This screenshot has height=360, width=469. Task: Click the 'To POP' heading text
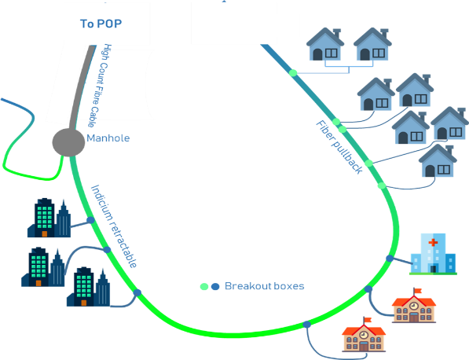pyautogui.click(x=101, y=24)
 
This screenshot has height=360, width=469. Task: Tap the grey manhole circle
pyautogui.click(x=68, y=142)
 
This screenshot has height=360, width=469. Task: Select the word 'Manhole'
pyautogui.click(x=108, y=138)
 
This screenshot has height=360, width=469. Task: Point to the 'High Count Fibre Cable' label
pyautogui.click(x=100, y=86)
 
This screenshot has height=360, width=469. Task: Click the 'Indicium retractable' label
pyautogui.click(x=114, y=226)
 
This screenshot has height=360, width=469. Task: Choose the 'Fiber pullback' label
pyautogui.click(x=339, y=147)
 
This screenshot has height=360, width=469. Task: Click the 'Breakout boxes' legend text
pyautogui.click(x=265, y=286)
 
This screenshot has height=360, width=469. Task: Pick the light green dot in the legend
pyautogui.click(x=204, y=287)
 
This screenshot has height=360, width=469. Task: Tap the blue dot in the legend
pyautogui.click(x=215, y=287)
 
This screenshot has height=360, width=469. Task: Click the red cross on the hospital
pyautogui.click(x=433, y=242)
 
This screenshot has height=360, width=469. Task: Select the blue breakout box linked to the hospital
pyautogui.click(x=390, y=258)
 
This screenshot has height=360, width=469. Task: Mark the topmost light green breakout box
pyautogui.click(x=293, y=73)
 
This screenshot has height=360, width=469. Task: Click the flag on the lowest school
pyautogui.click(x=367, y=320)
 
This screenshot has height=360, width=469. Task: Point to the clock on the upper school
pyautogui.click(x=414, y=306)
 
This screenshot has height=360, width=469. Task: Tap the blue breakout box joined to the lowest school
pyautogui.click(x=306, y=325)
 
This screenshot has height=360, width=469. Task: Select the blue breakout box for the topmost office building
pyautogui.click(x=90, y=220)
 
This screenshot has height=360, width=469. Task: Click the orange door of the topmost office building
pyautogui.click(x=45, y=233)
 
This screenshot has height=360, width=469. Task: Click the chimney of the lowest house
pyautogui.click(x=449, y=150)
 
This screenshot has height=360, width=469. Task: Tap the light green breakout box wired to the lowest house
pyautogui.click(x=382, y=186)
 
